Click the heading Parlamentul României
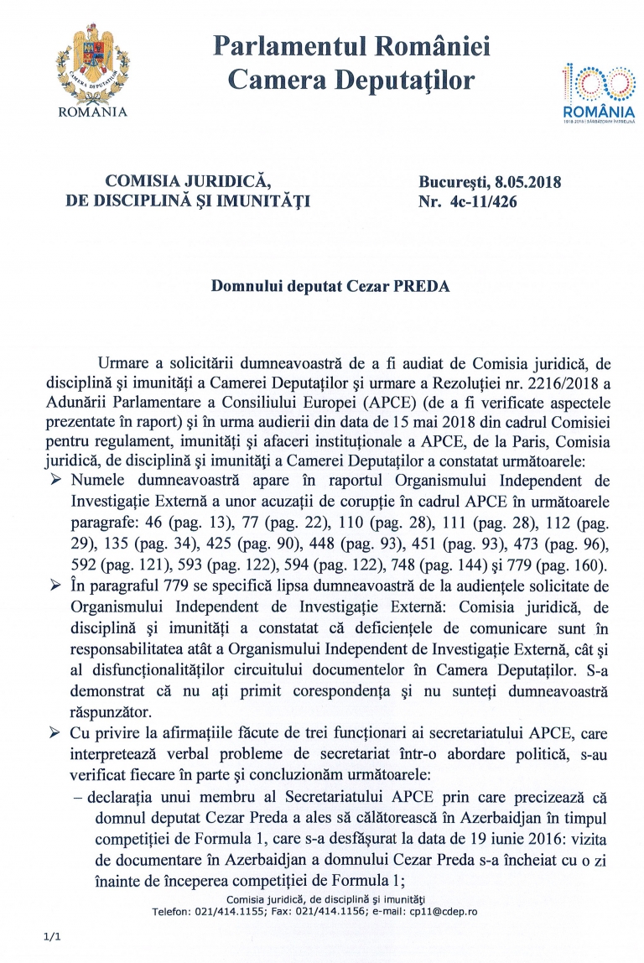(x=351, y=46)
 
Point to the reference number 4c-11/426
(x=496, y=200)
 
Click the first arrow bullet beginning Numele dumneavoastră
(x=56, y=481)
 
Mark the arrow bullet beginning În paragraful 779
(x=56, y=584)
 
